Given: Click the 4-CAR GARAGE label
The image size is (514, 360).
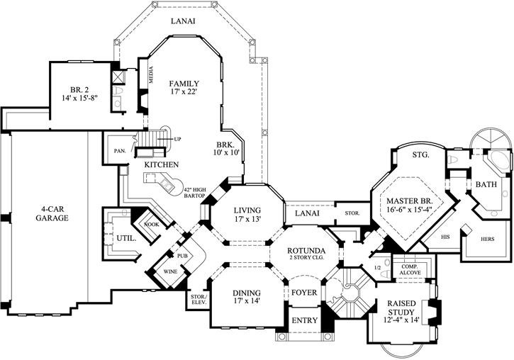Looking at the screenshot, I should click(x=49, y=213).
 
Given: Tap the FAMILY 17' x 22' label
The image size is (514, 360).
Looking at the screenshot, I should click(x=184, y=88).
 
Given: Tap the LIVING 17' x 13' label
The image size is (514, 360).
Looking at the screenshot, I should click(x=243, y=215).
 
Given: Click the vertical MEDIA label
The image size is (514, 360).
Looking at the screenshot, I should click(x=150, y=75).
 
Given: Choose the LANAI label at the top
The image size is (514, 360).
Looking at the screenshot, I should click(x=183, y=21).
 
